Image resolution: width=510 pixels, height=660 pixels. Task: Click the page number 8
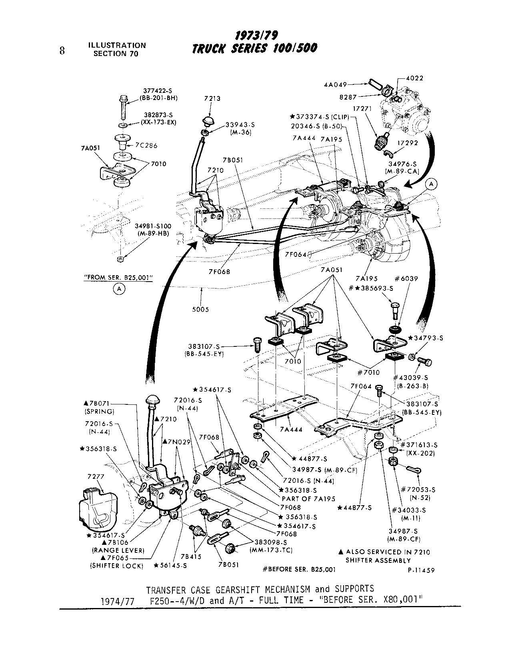tap(62, 51)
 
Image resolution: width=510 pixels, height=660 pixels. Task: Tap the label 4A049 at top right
tap(336, 84)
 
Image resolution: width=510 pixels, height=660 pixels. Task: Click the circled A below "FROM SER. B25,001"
tap(118, 288)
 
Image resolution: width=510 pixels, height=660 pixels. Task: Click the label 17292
tap(408, 153)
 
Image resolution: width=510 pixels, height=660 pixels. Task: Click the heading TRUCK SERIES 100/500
tap(255, 48)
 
